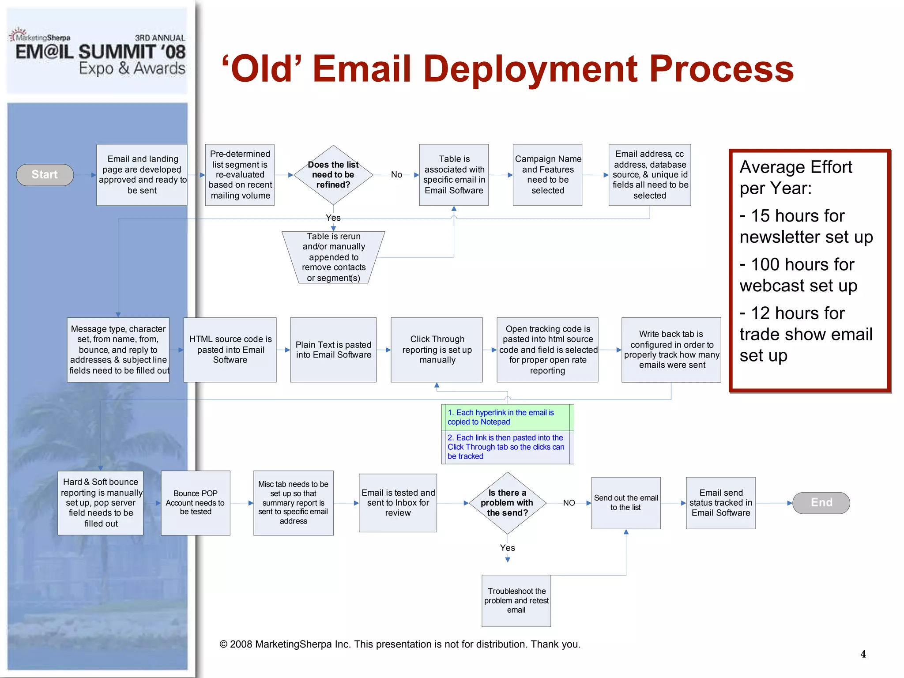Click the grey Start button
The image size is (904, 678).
[45, 175]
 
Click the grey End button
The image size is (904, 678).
[821, 503]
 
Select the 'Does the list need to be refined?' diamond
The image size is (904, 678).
[333, 175]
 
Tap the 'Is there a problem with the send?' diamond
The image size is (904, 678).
[507, 503]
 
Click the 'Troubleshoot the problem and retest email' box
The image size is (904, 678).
[516, 600]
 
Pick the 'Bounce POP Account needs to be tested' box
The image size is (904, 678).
[195, 503]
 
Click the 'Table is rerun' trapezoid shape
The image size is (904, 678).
[333, 257]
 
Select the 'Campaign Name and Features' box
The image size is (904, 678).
[547, 175]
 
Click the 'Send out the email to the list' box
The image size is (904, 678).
[625, 503]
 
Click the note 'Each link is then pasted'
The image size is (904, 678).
[505, 447]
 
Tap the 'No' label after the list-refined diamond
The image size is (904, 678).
[396, 175]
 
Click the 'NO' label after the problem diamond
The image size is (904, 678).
[569, 503]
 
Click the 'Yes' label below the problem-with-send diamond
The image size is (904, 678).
[507, 548]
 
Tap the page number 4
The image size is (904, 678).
[863, 654]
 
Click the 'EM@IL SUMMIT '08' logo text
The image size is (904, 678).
[101, 52]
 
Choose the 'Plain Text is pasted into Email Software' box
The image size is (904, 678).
[333, 350]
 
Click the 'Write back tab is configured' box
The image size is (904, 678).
[671, 350]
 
